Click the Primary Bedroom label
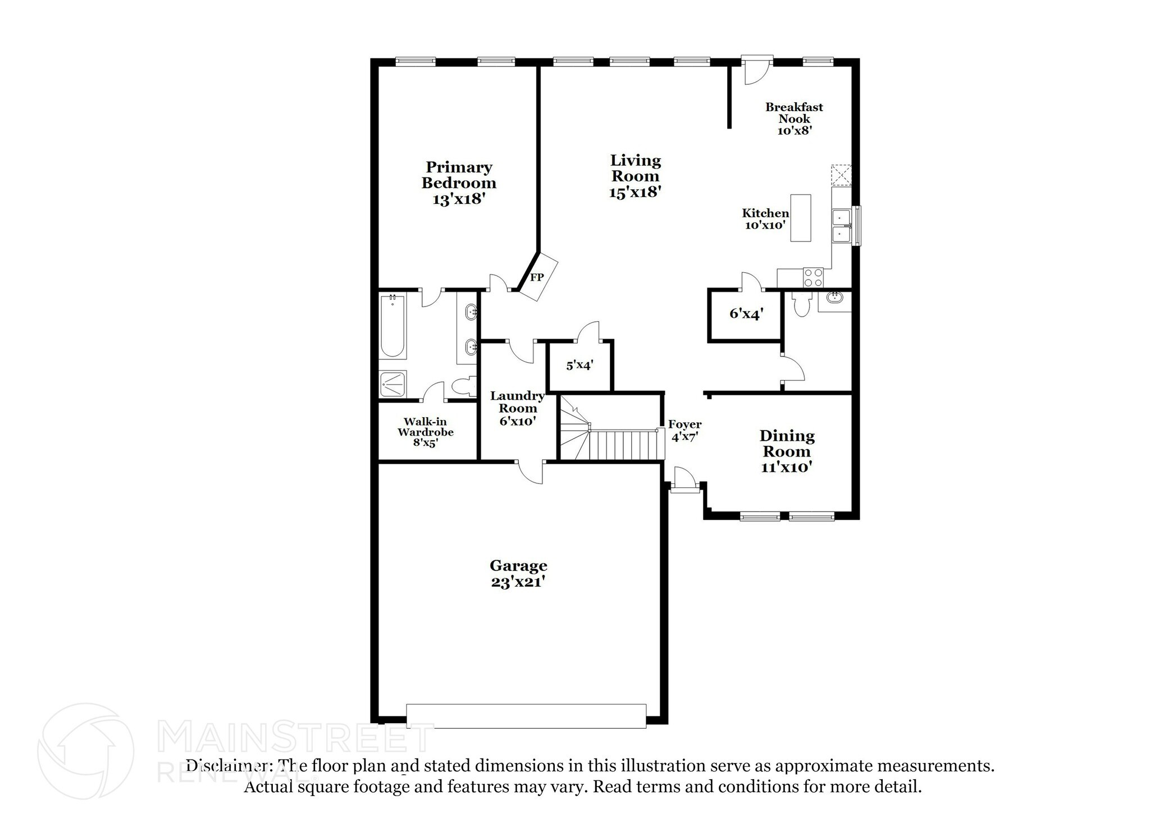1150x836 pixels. (x=458, y=182)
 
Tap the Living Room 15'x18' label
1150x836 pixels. (x=635, y=176)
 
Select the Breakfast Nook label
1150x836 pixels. (x=794, y=118)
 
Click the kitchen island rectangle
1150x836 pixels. (x=800, y=217)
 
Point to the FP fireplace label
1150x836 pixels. (x=537, y=277)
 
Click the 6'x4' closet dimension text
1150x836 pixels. (x=746, y=314)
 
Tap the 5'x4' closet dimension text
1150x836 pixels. (x=579, y=366)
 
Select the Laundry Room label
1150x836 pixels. (x=517, y=408)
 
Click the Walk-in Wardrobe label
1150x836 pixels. (x=425, y=431)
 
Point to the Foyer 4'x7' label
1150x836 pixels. (x=684, y=430)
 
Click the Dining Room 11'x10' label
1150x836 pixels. (x=787, y=451)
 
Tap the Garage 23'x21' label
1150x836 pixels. (x=518, y=573)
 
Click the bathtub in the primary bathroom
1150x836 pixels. (x=393, y=327)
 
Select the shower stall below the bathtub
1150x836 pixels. (x=393, y=384)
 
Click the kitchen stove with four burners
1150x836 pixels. (x=813, y=277)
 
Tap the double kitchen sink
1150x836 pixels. (x=840, y=225)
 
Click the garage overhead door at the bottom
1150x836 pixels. (x=526, y=716)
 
